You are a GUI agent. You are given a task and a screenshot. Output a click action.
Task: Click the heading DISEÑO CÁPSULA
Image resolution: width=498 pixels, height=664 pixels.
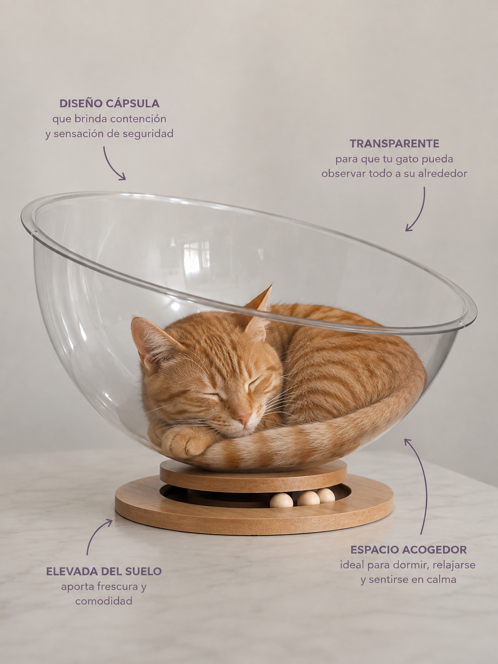110,104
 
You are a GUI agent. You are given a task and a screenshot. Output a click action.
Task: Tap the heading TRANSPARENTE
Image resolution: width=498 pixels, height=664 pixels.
394,144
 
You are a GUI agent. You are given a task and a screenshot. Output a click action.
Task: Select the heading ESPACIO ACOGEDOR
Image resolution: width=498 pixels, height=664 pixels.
409,550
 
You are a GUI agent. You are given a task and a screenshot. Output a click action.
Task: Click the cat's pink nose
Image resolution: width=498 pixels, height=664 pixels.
244,419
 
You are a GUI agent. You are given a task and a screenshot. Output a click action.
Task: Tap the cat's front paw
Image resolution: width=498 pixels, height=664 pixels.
182,443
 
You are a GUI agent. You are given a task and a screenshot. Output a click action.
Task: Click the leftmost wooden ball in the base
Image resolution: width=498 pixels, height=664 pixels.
281,501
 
